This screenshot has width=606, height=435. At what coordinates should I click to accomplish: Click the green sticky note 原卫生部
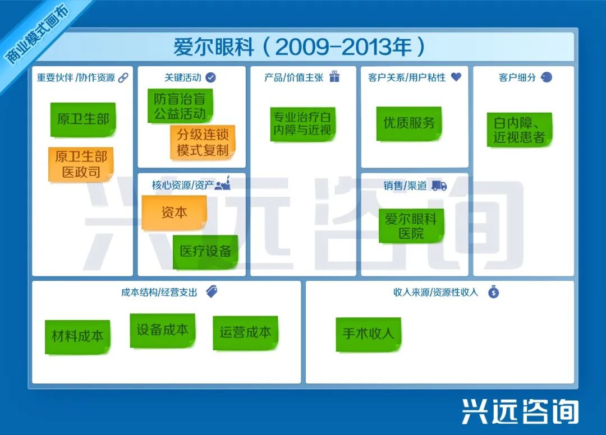tap(83, 119)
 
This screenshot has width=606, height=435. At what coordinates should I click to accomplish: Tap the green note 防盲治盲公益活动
tap(180, 106)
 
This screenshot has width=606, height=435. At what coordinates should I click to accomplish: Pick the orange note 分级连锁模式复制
tap(203, 142)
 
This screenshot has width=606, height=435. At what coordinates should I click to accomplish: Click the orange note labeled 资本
tap(174, 212)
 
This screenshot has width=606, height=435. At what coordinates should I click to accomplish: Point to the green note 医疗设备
tap(205, 251)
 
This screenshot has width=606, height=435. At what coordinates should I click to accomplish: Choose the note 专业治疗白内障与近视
tap(302, 123)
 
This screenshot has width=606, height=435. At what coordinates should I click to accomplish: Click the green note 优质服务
tap(409, 123)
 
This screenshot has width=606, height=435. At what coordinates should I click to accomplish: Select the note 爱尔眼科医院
tap(411, 226)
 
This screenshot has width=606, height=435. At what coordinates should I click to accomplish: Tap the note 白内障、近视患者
tap(519, 129)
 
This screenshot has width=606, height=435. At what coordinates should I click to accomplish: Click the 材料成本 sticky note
tap(77, 336)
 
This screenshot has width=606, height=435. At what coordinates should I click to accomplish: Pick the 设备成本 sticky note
tap(162, 330)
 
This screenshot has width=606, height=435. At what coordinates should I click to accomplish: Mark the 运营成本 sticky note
tap(245, 332)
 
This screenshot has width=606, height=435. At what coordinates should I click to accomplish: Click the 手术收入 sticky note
tap(368, 333)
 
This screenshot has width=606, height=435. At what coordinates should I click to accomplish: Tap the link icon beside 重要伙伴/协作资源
tap(123, 77)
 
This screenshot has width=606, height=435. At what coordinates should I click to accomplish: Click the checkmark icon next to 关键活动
tap(211, 77)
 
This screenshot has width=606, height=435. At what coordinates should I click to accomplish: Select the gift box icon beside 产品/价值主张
tap(334, 77)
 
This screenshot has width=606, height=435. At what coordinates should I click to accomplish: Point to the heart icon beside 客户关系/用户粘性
tap(456, 77)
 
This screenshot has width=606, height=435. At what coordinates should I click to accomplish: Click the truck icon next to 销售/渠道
tap(439, 186)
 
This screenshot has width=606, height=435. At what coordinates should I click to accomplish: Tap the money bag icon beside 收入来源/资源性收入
tap(493, 291)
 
